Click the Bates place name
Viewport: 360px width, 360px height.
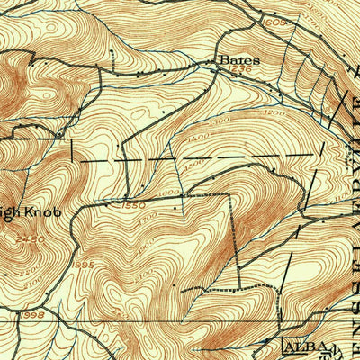[239, 61]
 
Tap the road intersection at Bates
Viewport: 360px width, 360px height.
[216, 70]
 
